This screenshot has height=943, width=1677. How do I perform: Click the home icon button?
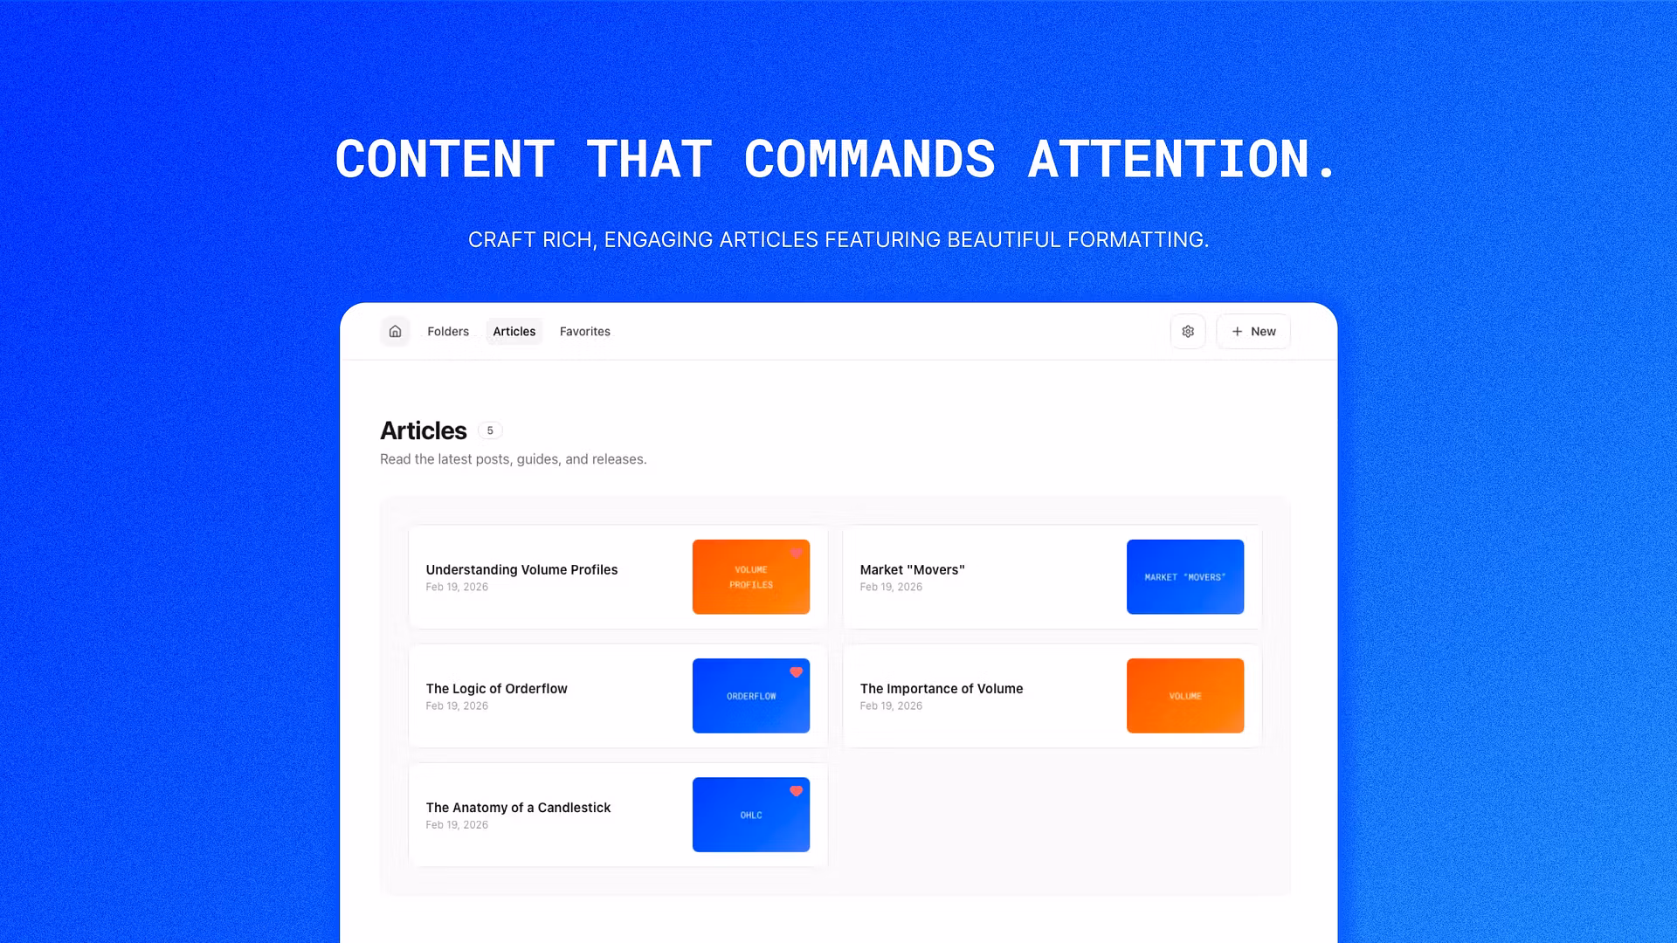pos(395,332)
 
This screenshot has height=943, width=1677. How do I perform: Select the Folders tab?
pos(448,332)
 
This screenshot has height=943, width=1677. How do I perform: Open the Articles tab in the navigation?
pos(514,332)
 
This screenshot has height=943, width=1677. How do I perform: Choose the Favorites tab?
pos(585,332)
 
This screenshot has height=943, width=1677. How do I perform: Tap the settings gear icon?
pos(1188,332)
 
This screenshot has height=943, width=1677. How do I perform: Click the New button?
pos(1253,332)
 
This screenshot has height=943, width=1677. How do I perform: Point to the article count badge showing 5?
pos(490,430)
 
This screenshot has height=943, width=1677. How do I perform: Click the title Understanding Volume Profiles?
pos(521,569)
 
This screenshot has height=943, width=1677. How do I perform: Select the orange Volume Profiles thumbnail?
pos(751,577)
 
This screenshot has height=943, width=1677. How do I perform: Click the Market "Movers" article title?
pos(912,569)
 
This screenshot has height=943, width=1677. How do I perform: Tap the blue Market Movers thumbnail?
pos(1185,577)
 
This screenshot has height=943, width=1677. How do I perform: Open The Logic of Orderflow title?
pos(496,689)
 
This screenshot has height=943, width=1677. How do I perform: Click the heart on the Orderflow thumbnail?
pos(796,672)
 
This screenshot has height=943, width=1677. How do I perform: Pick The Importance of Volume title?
pos(942,689)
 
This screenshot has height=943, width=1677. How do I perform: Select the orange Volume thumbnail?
pos(1185,696)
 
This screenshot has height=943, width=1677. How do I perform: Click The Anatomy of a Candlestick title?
pos(518,808)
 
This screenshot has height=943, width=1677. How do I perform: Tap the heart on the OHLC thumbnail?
pos(796,791)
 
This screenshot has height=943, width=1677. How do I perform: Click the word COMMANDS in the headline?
pos(870,160)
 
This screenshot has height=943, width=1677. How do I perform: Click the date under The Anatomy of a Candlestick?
pos(457,825)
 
